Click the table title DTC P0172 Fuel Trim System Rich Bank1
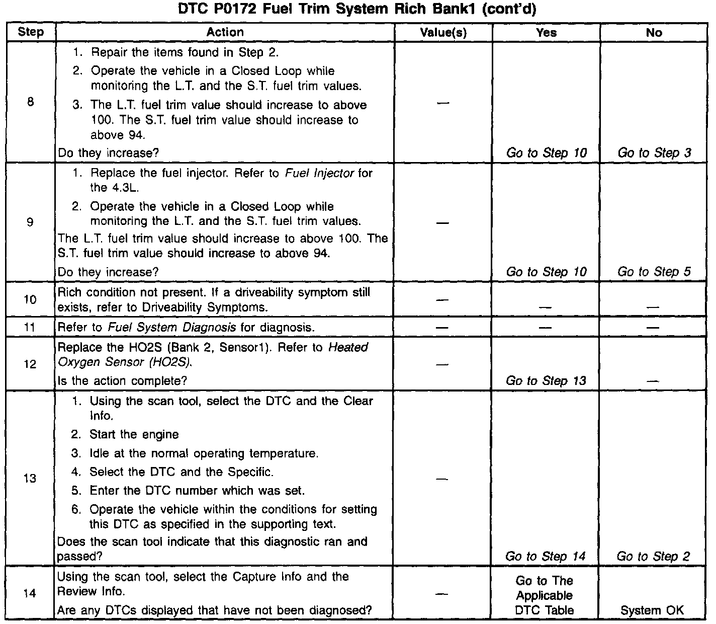coord(357,10)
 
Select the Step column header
coord(31,32)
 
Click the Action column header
coord(225,32)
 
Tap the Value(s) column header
coord(443,33)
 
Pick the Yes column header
coord(546,33)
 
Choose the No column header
coord(654,33)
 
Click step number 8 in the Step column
coord(31,102)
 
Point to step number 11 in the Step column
coord(30,327)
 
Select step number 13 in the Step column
coord(30,478)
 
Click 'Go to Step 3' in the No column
coord(654,153)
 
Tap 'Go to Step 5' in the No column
coord(654,272)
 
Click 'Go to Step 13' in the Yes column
coord(546,381)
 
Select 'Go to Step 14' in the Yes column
coord(546,556)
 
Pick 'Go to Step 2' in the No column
coord(653,556)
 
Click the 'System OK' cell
coord(652,610)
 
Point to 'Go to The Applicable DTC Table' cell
coord(545,595)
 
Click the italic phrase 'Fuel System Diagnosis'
coord(171,328)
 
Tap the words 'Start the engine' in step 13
coord(134,434)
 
